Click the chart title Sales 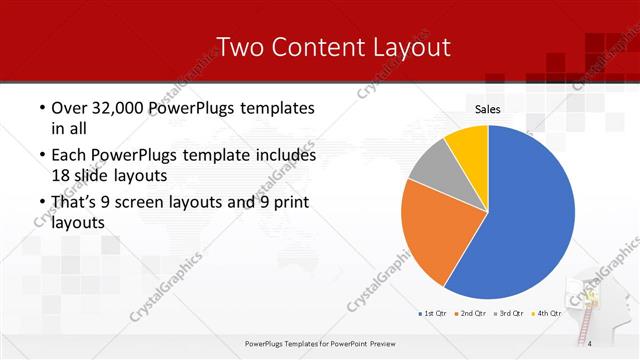coord(487,109)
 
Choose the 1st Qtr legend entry coord(433,313)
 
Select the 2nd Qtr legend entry coord(473,313)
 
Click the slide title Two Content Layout coord(333,47)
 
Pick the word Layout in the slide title coord(410,47)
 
